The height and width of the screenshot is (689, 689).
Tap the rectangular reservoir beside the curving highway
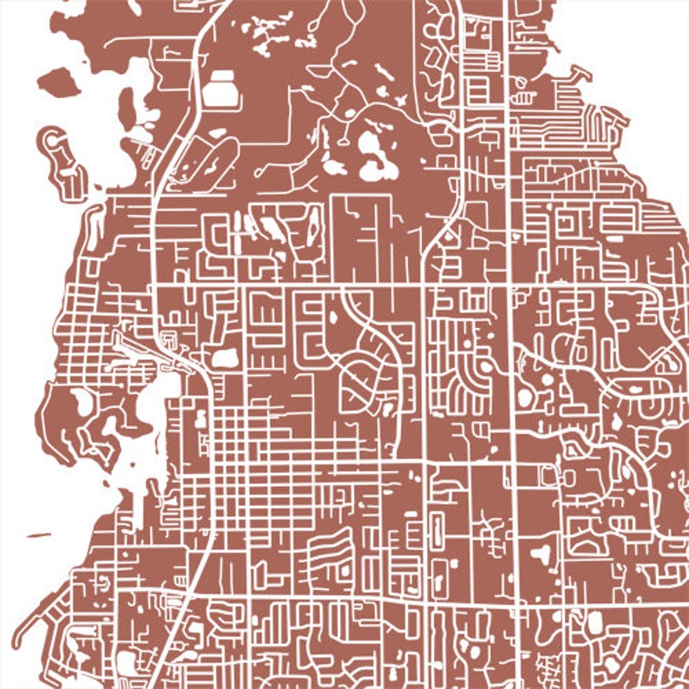[x=222, y=89]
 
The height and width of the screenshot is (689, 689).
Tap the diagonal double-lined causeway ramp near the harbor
[x=139, y=351]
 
